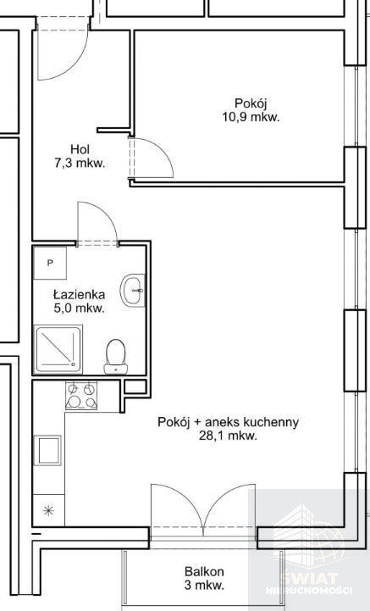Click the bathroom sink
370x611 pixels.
point(132,291)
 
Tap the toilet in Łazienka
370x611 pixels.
point(116,357)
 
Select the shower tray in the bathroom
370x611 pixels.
point(58,349)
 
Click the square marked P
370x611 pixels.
point(50,263)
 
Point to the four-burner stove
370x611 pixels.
point(81,396)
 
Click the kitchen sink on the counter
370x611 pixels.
point(48,450)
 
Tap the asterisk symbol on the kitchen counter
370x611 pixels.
point(48,510)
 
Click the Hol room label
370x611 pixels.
point(80,149)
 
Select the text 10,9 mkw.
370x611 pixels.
point(251,117)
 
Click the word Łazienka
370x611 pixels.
point(79,294)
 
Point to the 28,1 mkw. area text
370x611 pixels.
point(228,436)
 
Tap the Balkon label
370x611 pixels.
point(204,572)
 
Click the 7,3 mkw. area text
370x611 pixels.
point(80,164)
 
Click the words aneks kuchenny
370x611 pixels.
point(252,422)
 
